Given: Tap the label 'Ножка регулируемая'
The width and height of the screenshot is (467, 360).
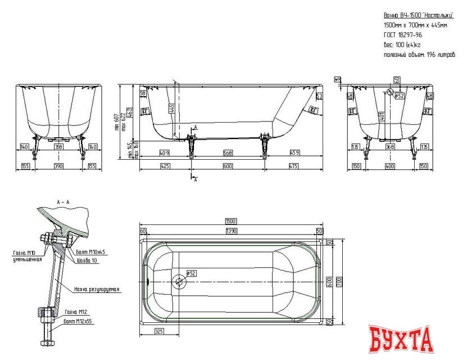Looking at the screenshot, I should (97, 289).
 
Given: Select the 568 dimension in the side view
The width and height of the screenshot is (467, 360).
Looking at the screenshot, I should (227, 153).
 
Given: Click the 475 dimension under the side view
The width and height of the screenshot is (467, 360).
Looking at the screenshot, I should (293, 166).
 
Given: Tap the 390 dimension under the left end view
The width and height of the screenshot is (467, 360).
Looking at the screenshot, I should (59, 166).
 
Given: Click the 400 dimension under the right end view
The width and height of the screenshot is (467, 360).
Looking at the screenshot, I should (390, 166).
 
